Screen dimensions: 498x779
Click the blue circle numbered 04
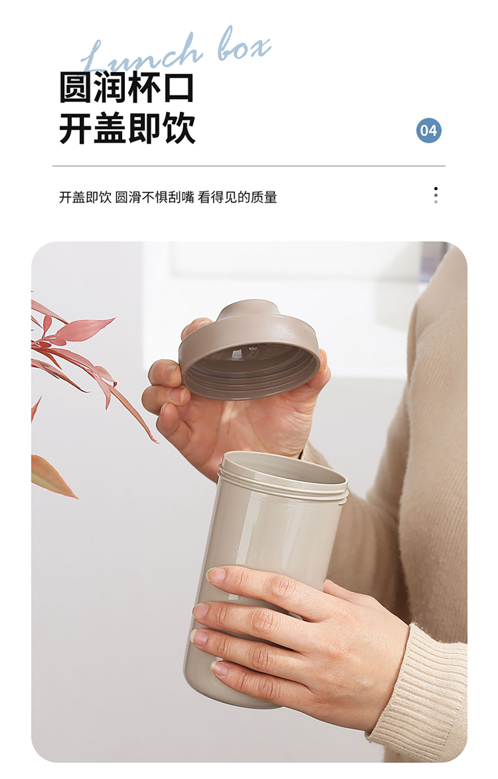(429, 130)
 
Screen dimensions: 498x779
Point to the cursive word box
(244, 44)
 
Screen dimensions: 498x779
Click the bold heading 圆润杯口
(127, 87)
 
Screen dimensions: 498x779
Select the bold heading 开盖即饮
(127, 128)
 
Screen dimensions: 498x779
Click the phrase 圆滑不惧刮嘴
(154, 197)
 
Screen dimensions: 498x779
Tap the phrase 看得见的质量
(237, 197)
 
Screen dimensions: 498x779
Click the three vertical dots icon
(435, 195)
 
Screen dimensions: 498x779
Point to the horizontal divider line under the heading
(249, 166)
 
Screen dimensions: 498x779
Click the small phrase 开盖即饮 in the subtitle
(85, 197)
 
